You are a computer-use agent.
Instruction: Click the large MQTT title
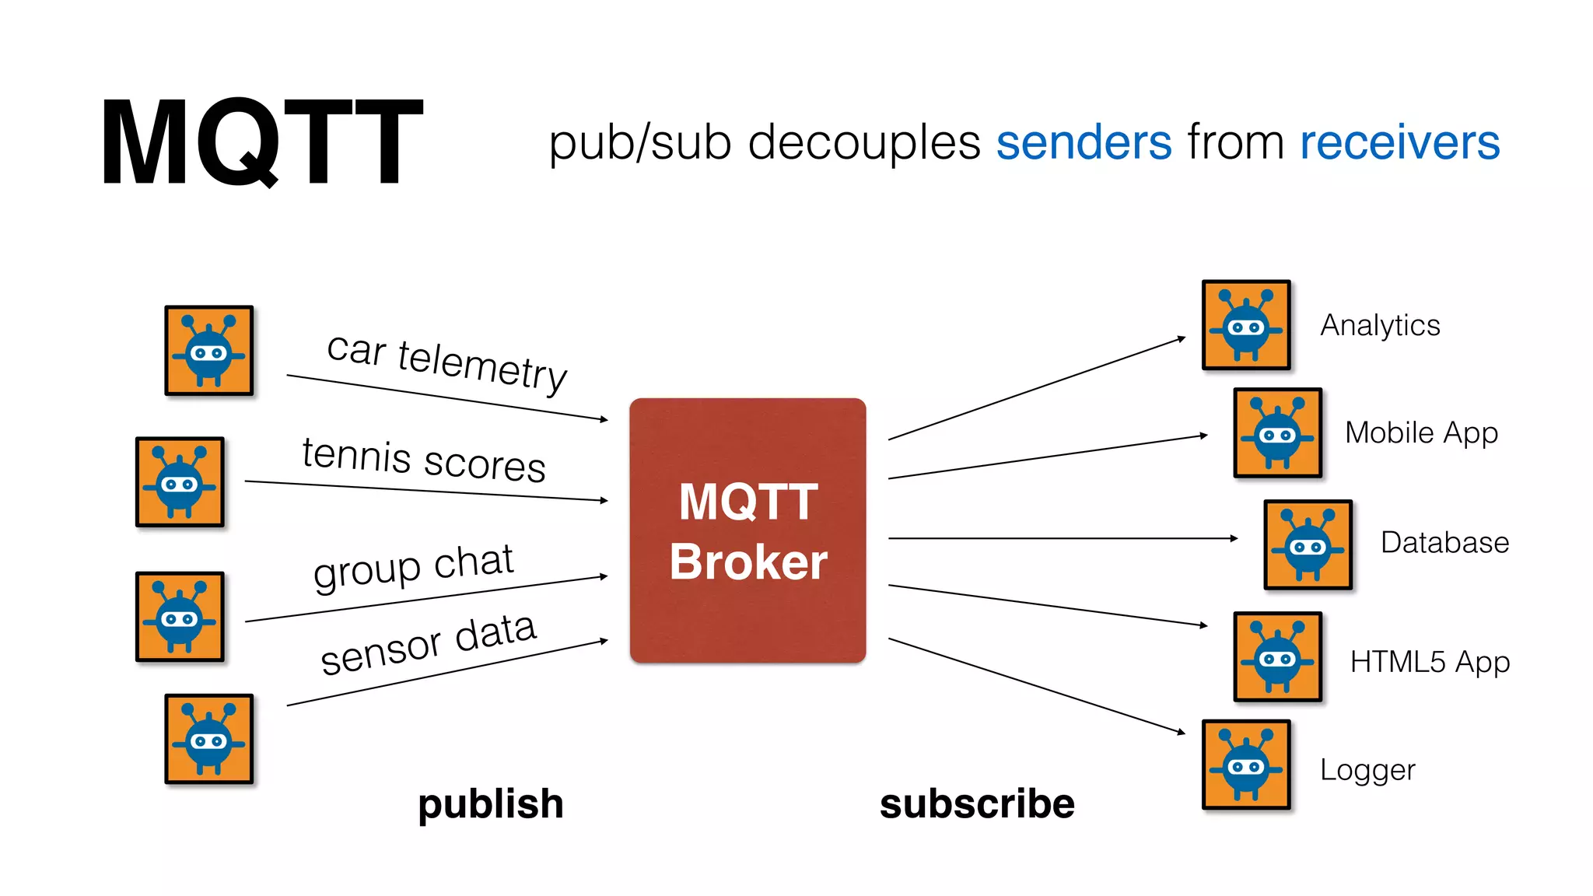tap(261, 142)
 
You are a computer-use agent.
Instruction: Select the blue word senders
tap(1084, 142)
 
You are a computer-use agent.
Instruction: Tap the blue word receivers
tap(1399, 142)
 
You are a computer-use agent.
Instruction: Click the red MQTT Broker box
tap(747, 530)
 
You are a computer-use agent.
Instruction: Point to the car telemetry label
tap(446, 362)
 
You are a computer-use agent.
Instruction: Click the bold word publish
tap(490, 803)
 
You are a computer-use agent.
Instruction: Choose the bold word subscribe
tap(977, 803)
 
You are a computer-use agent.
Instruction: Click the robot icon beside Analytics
tap(1246, 325)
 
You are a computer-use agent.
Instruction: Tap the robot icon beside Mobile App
tap(1277, 432)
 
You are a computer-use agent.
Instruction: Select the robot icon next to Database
tap(1308, 544)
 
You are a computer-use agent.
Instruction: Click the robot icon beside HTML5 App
tap(1277, 656)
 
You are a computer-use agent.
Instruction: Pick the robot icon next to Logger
tap(1246, 765)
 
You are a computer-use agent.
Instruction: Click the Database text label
tap(1444, 542)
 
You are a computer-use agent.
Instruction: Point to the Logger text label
tap(1367, 770)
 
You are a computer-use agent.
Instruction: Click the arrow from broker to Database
tap(1062, 537)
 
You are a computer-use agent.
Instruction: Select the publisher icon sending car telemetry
tap(208, 351)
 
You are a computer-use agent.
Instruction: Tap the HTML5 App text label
tap(1430, 662)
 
